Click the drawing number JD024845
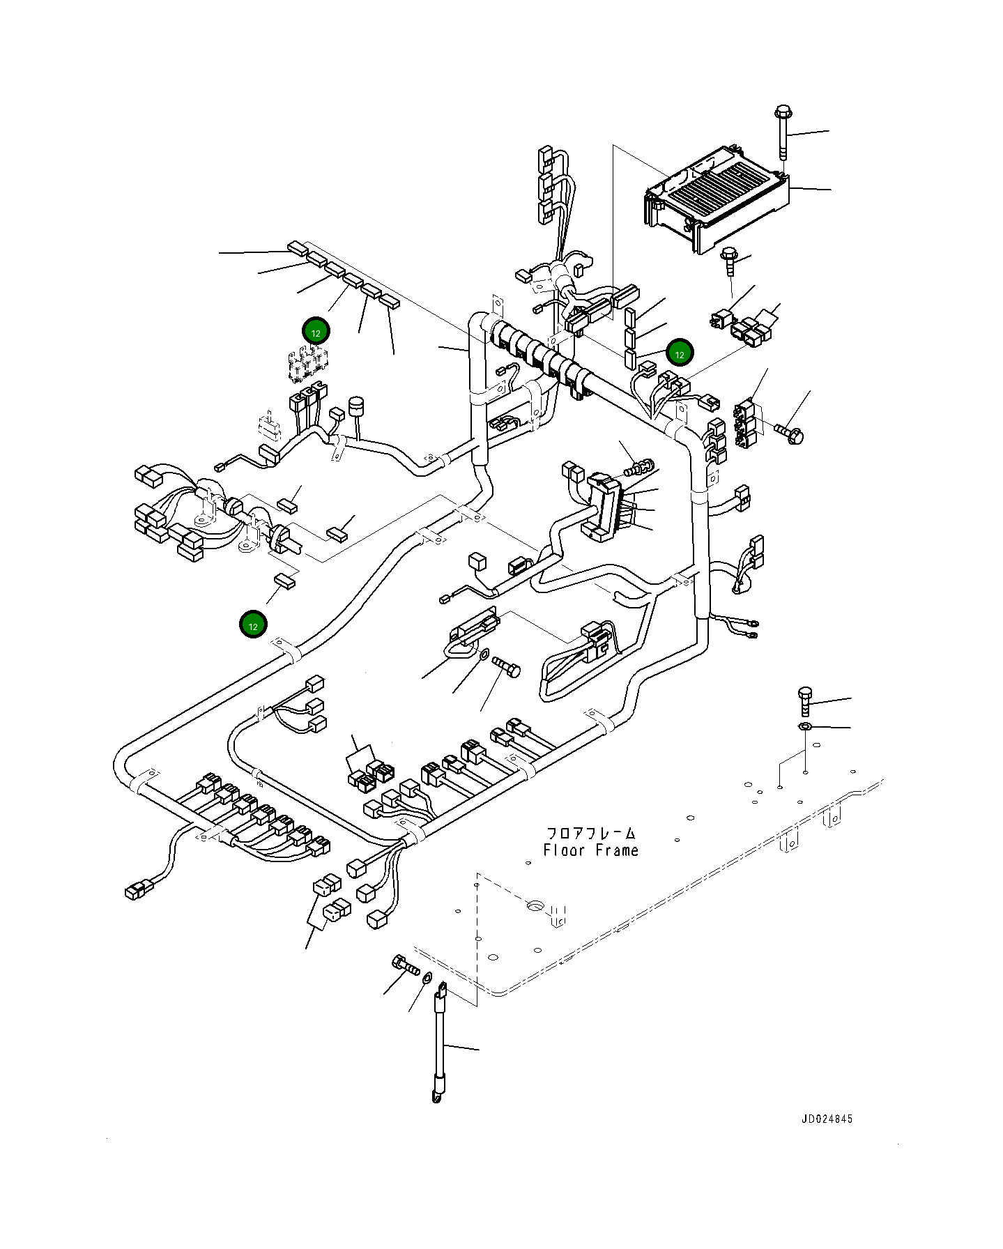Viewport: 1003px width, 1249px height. pyautogui.click(x=826, y=1119)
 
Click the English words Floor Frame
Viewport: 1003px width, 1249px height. pyautogui.click(x=590, y=850)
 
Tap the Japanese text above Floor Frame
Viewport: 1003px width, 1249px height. pyautogui.click(x=590, y=833)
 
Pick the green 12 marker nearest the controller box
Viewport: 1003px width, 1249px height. pyautogui.click(x=679, y=353)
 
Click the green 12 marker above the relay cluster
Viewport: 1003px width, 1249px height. pyautogui.click(x=316, y=332)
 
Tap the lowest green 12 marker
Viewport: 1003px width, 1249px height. pyautogui.click(x=253, y=625)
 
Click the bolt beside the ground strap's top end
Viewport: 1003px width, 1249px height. pyautogui.click(x=406, y=966)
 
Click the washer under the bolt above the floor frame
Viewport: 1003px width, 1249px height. pyautogui.click(x=804, y=727)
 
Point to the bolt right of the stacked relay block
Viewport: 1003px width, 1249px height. pyautogui.click(x=790, y=434)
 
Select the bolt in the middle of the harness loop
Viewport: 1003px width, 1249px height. pyautogui.click(x=507, y=666)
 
